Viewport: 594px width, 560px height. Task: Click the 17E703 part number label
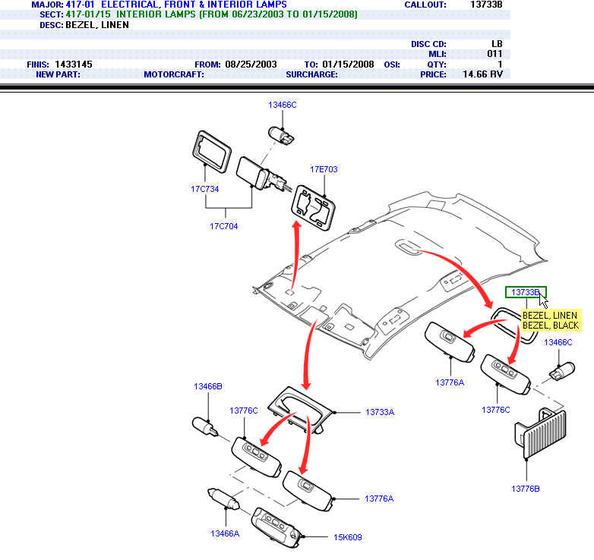324,168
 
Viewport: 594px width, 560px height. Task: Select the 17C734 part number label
205,189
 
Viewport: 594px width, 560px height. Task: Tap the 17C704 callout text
224,226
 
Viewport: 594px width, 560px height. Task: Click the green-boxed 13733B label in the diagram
526,292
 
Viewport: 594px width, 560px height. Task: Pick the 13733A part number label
380,412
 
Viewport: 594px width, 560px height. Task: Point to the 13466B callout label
207,386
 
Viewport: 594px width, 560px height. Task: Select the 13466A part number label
225,533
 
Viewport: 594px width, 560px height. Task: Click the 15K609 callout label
348,537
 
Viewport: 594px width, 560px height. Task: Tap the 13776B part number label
526,488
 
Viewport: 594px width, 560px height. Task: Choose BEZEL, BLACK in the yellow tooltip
551,326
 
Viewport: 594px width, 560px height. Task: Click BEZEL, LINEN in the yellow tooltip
550,316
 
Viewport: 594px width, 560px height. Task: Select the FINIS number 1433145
74,64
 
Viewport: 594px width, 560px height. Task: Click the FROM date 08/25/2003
251,64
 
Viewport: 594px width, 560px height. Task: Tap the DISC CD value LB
497,45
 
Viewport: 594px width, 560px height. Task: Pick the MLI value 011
494,55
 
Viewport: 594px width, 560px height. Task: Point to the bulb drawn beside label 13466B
206,426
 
